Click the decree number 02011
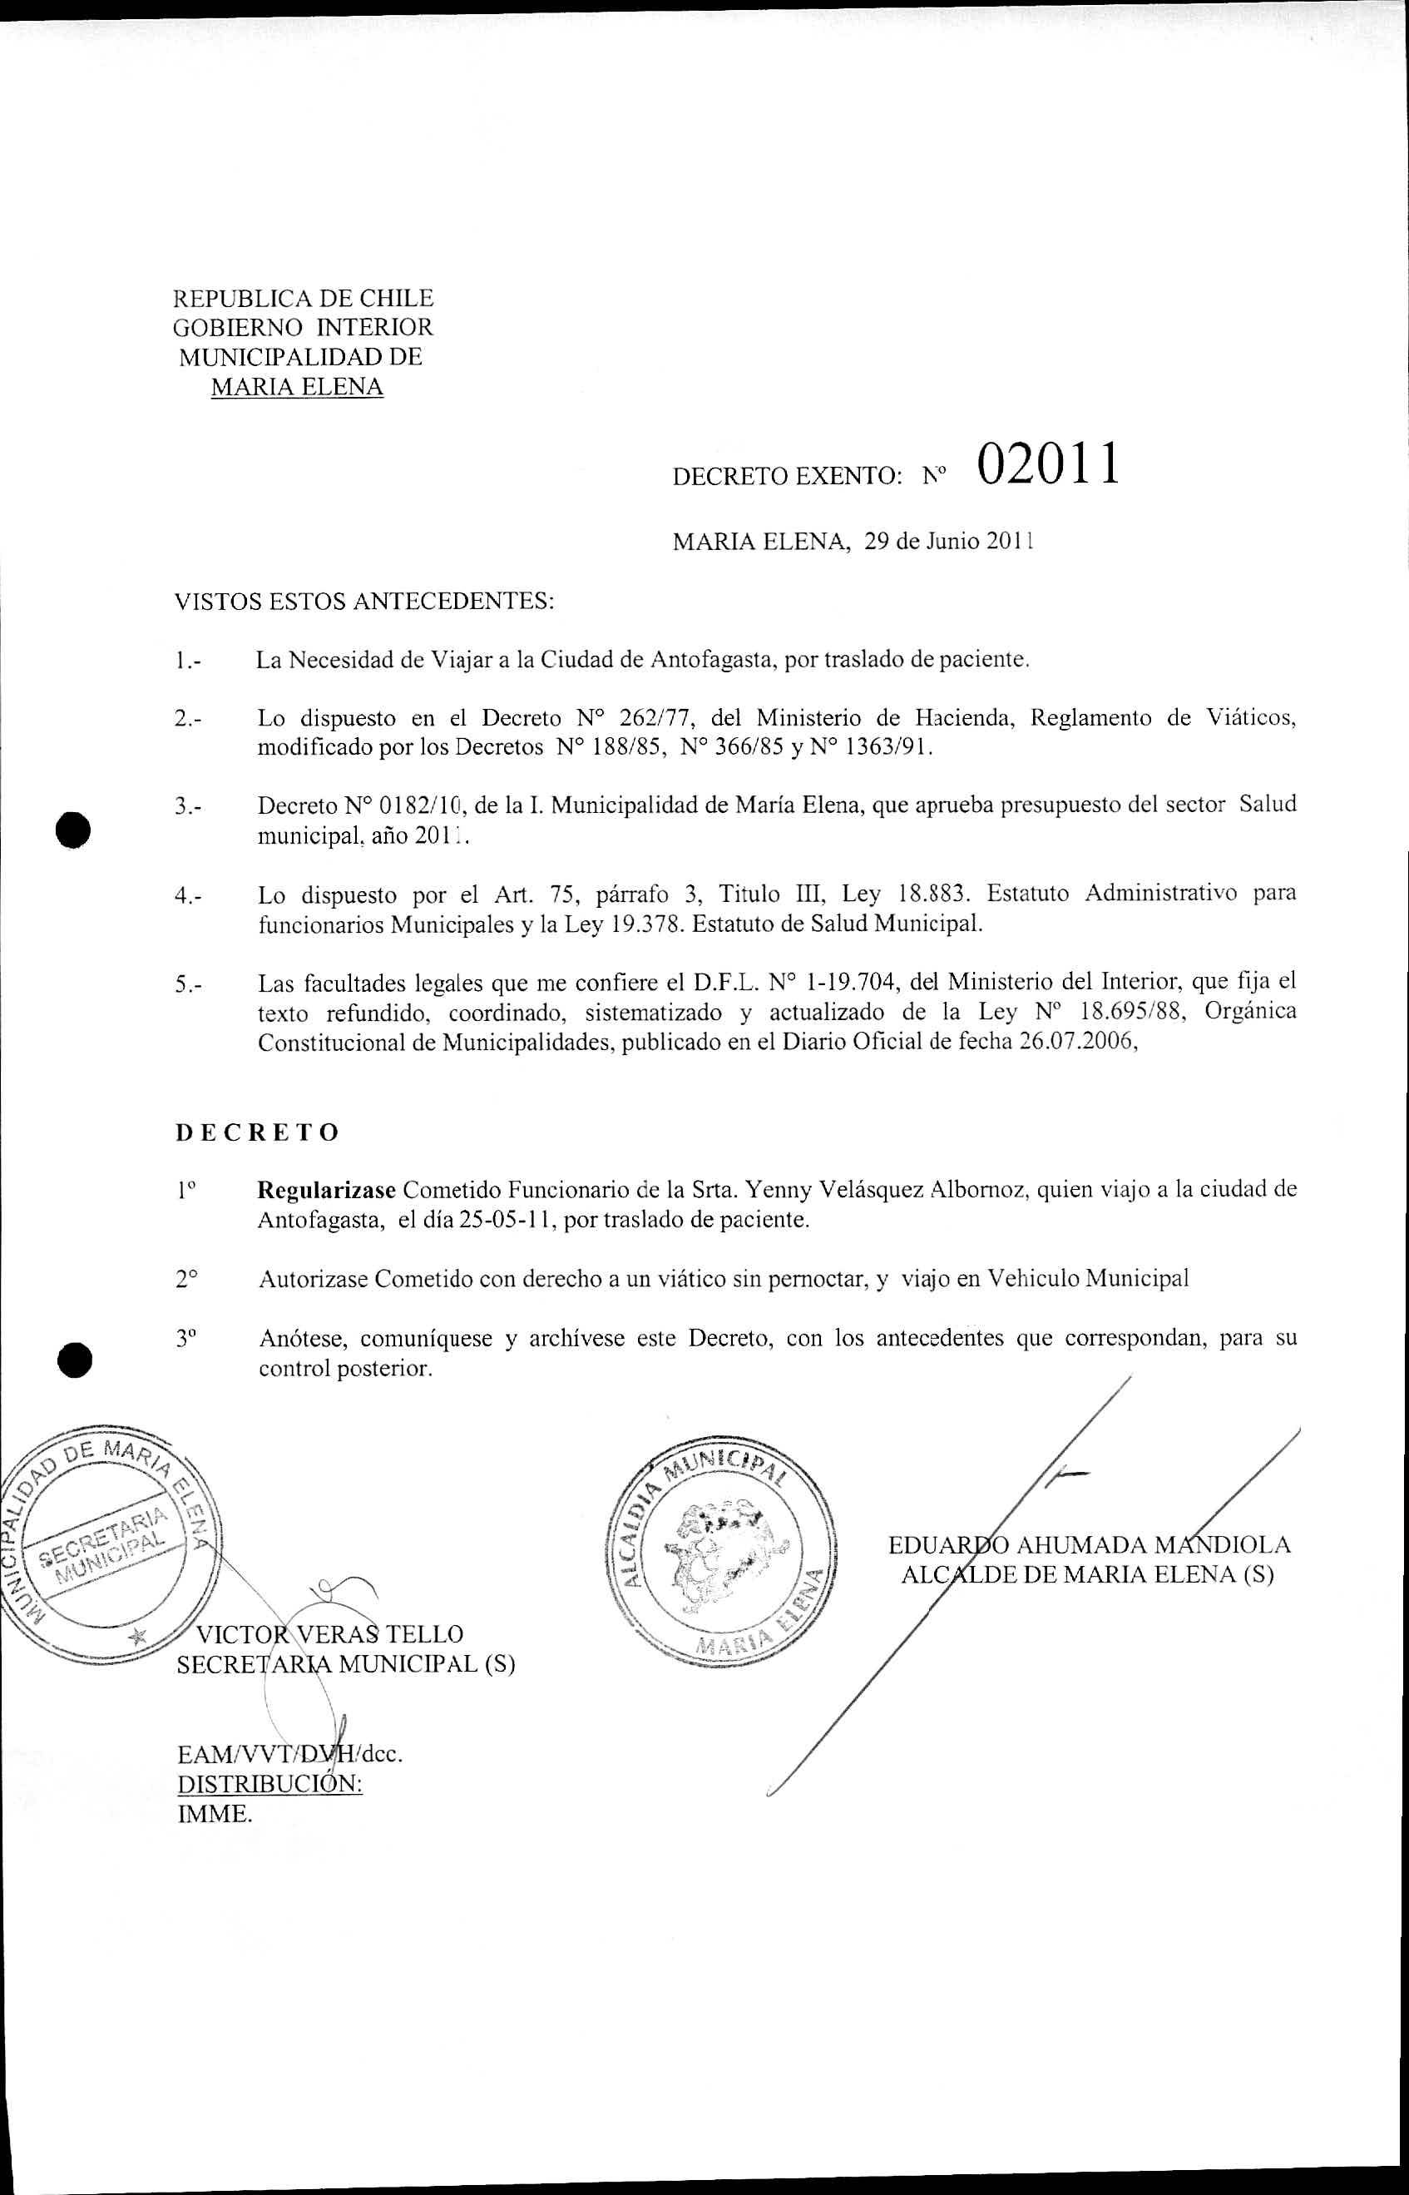point(1048,464)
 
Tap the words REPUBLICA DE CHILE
point(303,299)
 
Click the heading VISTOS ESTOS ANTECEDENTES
point(364,602)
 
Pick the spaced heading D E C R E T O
point(257,1132)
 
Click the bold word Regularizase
point(327,1190)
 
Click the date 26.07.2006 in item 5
point(1077,1043)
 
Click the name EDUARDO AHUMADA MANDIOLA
point(1089,1545)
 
